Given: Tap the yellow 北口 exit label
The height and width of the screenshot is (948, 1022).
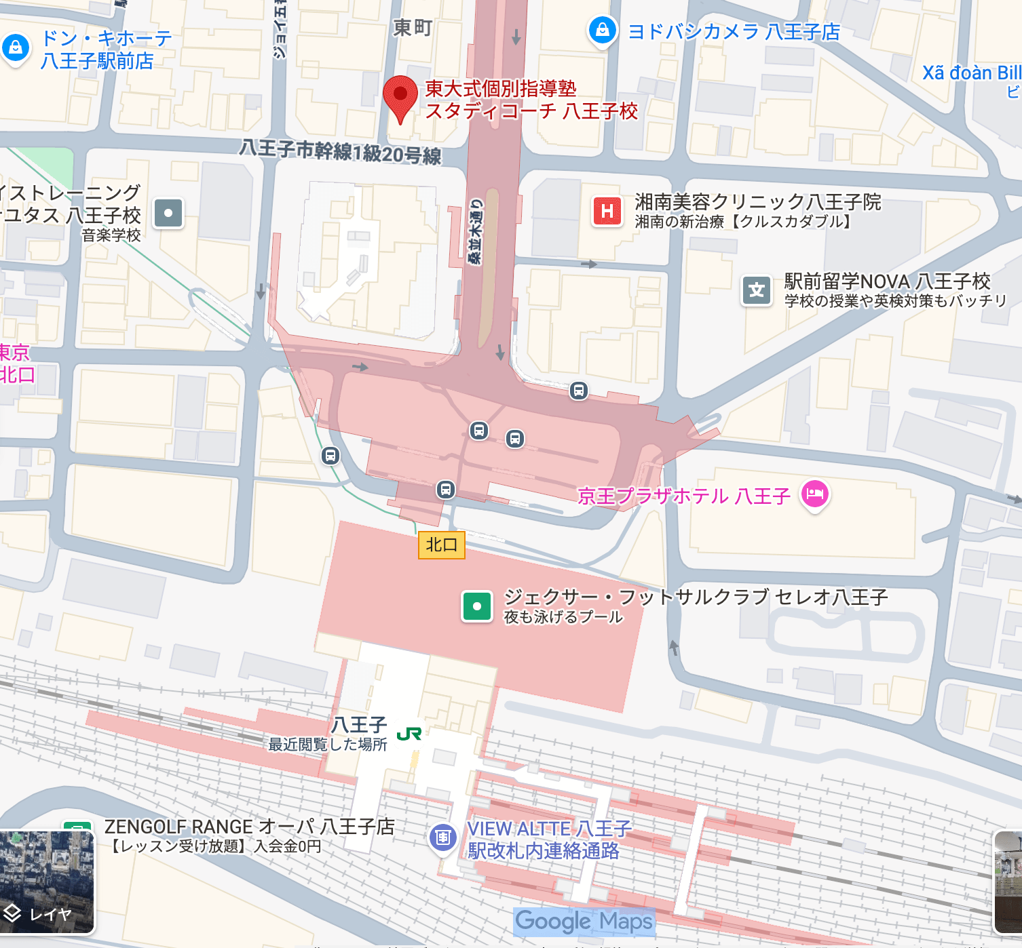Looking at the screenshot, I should pos(441,545).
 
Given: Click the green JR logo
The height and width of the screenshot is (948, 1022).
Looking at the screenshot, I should pos(409,734).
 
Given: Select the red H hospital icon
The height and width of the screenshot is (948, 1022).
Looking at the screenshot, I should pos(607,212).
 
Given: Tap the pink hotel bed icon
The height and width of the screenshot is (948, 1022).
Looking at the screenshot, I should pos(815,494).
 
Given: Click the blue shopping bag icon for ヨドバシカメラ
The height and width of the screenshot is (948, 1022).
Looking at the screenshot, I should pos(602,30).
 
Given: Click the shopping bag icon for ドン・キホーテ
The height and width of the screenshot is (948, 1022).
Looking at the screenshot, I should pos(16,48).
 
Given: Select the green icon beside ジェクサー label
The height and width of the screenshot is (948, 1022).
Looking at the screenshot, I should pos(477,606).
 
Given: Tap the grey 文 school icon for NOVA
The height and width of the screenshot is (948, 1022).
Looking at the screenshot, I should pos(757,291).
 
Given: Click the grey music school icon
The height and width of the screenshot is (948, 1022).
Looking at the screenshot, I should pos(168,213).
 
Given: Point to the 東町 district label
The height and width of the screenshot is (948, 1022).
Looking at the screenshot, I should pos(413,28).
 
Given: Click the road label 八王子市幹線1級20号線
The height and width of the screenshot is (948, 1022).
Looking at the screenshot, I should pos(340,151).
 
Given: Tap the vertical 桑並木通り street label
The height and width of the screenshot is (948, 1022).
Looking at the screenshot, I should pos(477,231).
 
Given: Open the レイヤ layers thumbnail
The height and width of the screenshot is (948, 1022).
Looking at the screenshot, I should pos(47,882).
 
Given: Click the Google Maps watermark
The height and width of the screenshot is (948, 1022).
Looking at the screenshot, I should pos(584,921).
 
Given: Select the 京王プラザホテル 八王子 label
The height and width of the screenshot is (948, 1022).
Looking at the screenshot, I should pos(683,496).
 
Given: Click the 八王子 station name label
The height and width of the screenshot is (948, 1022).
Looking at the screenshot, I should pos(359,724).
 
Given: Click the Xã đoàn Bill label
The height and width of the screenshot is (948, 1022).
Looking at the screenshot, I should pos(971,73).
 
